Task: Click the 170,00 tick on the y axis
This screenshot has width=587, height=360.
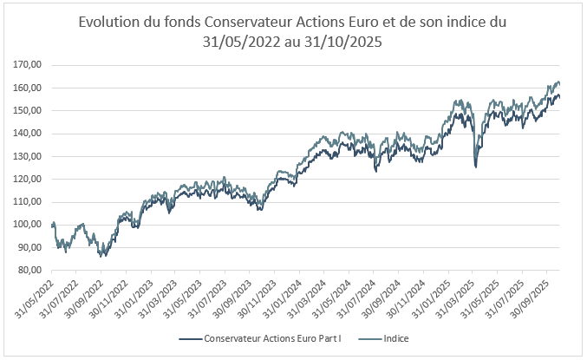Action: pyautogui.click(x=29, y=65)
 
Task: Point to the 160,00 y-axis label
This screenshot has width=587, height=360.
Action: pyautogui.click(x=29, y=88)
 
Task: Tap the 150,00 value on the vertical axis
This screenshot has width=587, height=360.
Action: pyautogui.click(x=29, y=110)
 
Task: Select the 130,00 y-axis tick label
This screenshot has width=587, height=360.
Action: pyautogui.click(x=29, y=156)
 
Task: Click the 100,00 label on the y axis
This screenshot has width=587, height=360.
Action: pyautogui.click(x=29, y=225)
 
